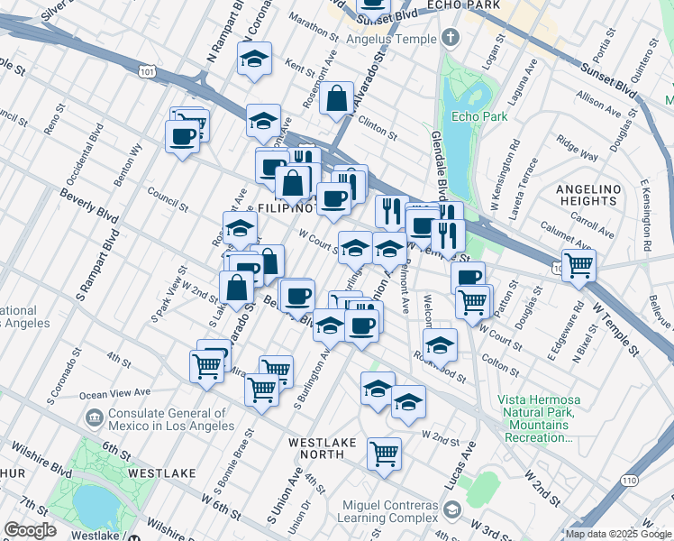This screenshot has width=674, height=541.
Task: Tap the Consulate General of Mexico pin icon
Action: pyautogui.click(x=94, y=417)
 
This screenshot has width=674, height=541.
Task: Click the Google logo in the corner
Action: pyautogui.click(x=31, y=530)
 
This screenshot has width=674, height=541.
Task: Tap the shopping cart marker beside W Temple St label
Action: pyautogui.click(x=578, y=265)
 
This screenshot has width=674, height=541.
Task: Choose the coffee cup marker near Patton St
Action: pyautogui.click(x=468, y=278)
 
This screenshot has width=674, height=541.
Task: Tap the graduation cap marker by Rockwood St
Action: pyautogui.click(x=440, y=344)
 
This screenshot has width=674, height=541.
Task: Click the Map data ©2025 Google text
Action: pyautogui.click(x=618, y=533)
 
